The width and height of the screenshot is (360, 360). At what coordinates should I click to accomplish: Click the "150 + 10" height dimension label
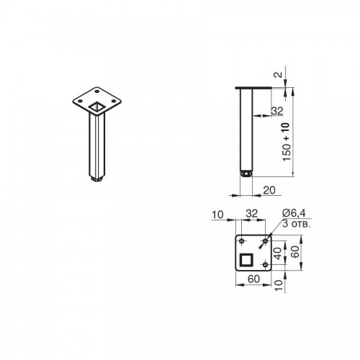287,142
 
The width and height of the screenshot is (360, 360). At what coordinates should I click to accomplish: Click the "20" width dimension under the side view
269,190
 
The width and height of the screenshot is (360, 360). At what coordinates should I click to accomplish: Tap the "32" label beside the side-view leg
277,111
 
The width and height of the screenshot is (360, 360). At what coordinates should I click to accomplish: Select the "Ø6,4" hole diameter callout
294,213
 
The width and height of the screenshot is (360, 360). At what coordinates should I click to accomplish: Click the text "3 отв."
297,224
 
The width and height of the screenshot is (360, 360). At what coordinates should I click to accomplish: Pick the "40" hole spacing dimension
278,253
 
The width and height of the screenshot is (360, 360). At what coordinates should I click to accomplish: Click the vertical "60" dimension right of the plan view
295,251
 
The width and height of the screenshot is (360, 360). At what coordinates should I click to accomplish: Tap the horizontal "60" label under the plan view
253,279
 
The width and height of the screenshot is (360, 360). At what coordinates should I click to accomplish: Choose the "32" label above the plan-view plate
252,213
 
